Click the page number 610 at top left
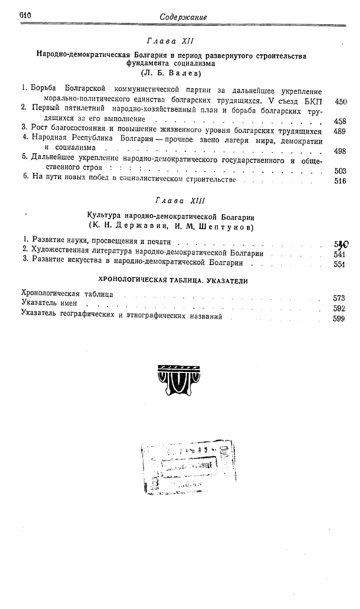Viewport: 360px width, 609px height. coord(25,15)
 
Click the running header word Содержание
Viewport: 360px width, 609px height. coord(183,17)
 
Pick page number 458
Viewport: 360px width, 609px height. coord(340,122)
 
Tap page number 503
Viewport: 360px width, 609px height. coord(340,171)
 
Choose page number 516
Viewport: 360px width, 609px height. coord(340,181)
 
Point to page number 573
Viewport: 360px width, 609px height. coord(339,298)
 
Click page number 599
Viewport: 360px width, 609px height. coord(339,319)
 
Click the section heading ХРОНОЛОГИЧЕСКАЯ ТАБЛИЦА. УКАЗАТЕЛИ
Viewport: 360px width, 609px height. coord(172,281)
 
